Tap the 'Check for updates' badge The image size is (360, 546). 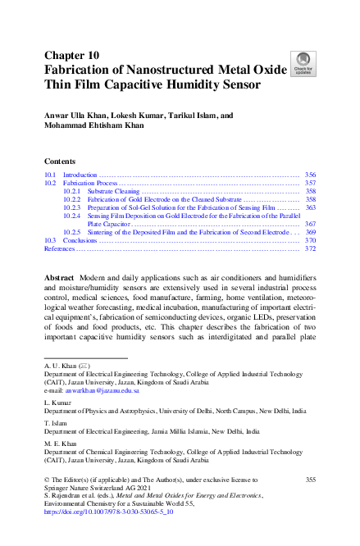(303, 62)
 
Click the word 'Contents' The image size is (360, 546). (60, 161)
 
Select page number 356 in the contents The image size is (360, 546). (309, 175)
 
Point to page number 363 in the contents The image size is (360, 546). (309, 207)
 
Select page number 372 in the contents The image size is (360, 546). (309, 248)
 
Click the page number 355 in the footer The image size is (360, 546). (309, 479)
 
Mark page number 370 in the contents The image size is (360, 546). (309, 240)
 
